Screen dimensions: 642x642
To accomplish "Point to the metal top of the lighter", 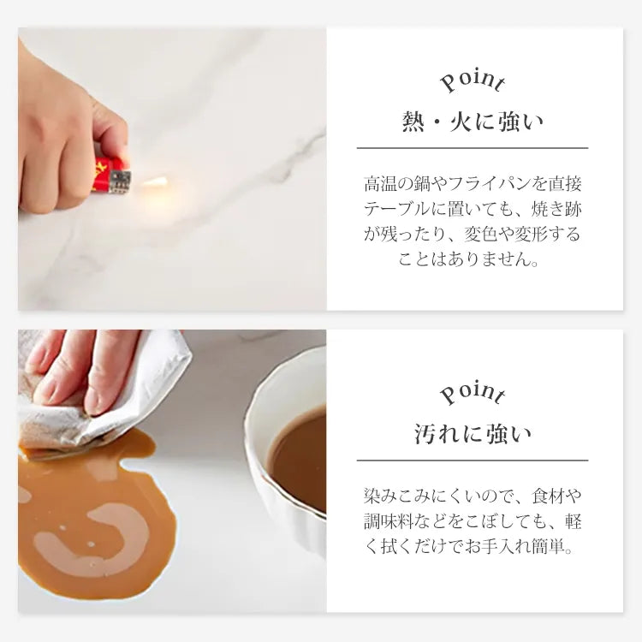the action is click(121, 182).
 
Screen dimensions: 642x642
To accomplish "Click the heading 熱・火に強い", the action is click(473, 122).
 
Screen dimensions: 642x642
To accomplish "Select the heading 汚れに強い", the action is click(473, 434).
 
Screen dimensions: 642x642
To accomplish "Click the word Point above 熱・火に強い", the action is click(473, 81).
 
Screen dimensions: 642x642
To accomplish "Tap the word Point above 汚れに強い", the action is click(473, 393).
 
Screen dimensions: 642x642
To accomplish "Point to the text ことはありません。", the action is click(469, 259).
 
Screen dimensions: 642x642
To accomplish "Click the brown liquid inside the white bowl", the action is click(298, 454).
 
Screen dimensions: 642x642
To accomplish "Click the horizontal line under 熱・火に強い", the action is click(473, 148).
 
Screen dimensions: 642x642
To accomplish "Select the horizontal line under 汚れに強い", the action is click(473, 461).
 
